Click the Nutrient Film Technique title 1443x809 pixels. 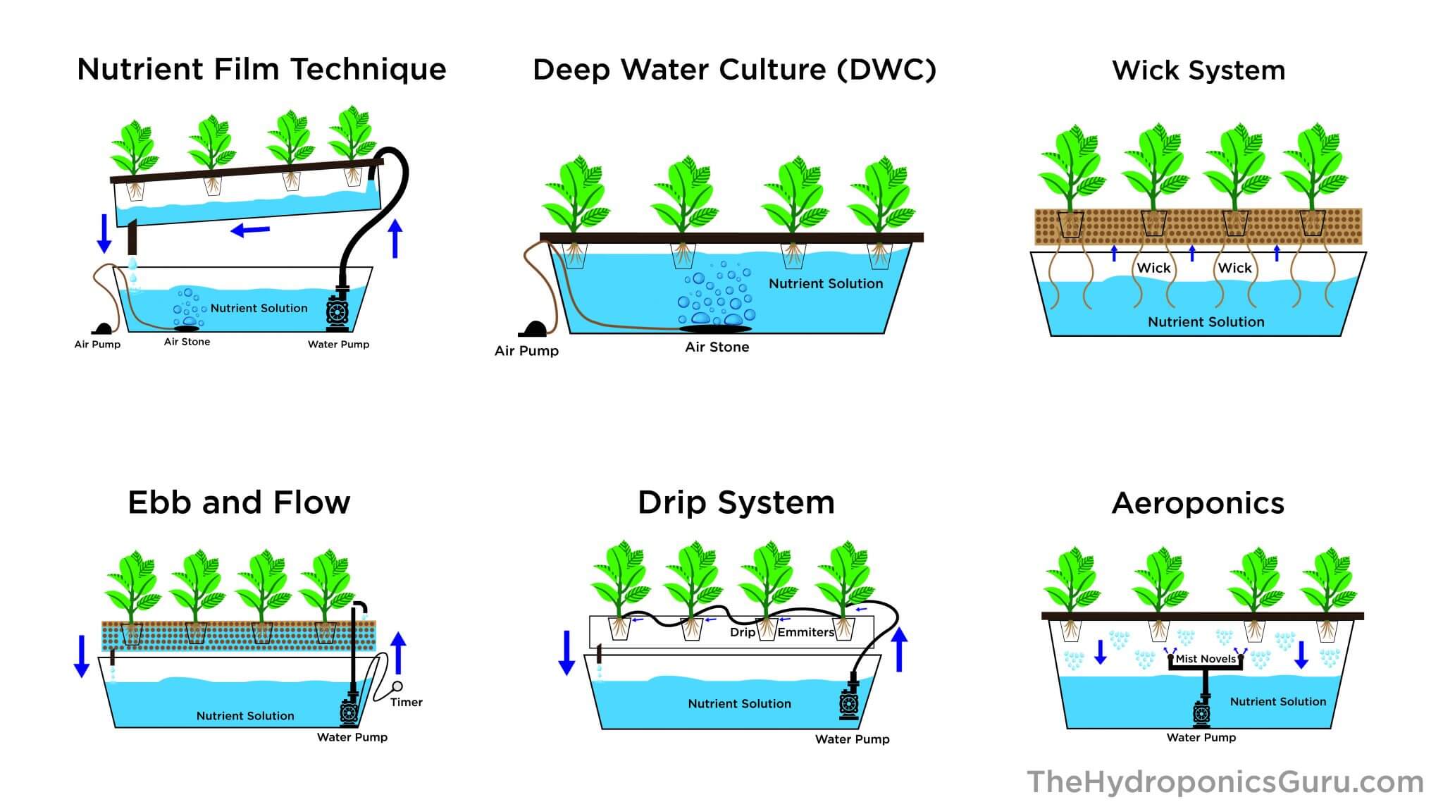[x=261, y=69]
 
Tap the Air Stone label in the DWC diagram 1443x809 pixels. [x=717, y=347]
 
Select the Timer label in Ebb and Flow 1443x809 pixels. [x=407, y=702]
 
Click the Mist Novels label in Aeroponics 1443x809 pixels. [x=1206, y=659]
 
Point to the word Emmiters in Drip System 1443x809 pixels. [x=806, y=632]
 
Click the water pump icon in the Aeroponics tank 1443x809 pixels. [x=1202, y=712]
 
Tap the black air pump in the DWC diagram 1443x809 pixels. [x=535, y=329]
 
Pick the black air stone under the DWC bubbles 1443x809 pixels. [x=715, y=328]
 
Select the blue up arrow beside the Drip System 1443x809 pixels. [x=899, y=649]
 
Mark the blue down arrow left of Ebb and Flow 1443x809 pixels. [x=82, y=656]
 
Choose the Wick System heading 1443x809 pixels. [x=1199, y=70]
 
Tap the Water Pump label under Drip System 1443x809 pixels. [x=852, y=739]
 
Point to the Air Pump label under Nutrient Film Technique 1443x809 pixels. [x=97, y=345]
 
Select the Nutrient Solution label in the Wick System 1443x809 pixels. [x=1206, y=322]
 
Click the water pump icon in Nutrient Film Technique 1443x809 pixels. [x=337, y=312]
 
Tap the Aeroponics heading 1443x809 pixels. [x=1198, y=503]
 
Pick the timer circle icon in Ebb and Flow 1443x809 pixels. [x=397, y=686]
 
